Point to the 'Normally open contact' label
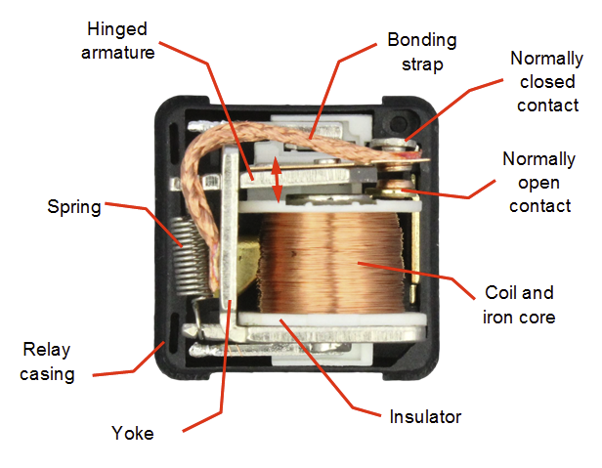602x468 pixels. pyautogui.click(x=537, y=182)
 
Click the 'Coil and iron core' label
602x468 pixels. pyautogui.click(x=519, y=305)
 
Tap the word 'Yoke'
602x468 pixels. pyautogui.click(x=132, y=433)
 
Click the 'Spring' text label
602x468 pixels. pyautogui.click(x=74, y=207)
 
